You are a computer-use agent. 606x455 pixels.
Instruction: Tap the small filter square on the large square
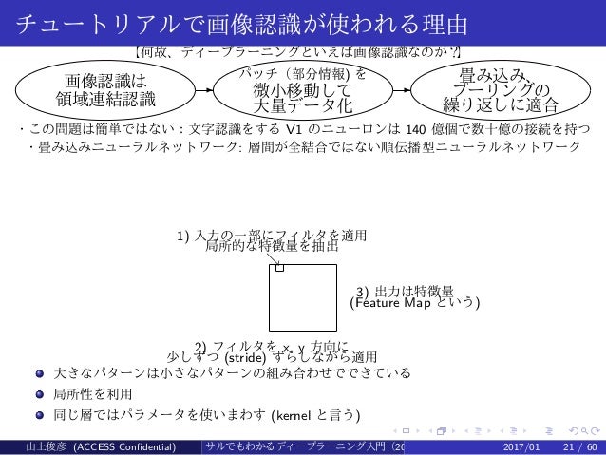pos(280,268)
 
